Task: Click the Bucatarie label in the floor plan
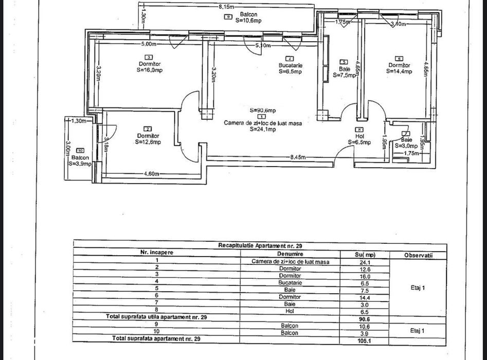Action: (291, 65)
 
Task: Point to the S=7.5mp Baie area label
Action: (344, 75)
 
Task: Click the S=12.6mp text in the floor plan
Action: (148, 142)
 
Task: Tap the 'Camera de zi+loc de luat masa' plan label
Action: (262, 123)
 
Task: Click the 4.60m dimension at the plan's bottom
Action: (150, 174)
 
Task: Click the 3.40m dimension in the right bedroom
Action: (399, 24)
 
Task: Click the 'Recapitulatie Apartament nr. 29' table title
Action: (260, 246)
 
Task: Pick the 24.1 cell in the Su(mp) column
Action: (365, 261)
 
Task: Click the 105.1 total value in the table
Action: (365, 339)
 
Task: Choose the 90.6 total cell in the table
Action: (365, 319)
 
